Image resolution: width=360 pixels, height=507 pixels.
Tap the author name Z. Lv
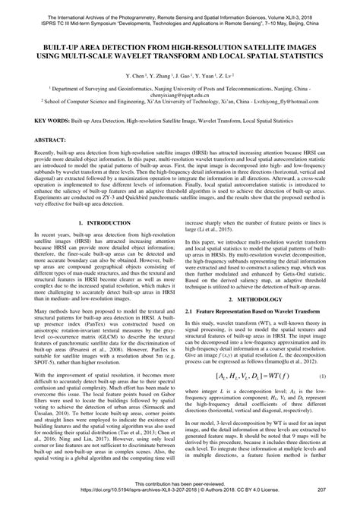(x=226, y=77)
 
